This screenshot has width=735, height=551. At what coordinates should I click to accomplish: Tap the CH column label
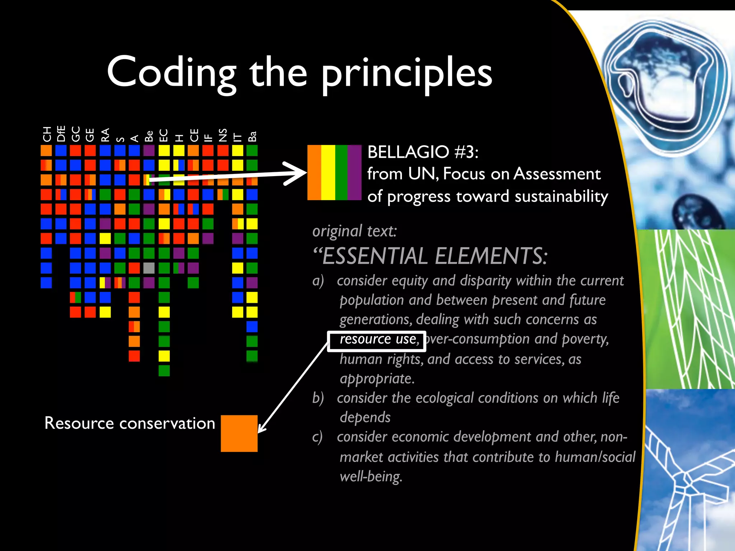(47, 134)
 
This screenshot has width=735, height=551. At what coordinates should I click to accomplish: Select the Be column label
(149, 136)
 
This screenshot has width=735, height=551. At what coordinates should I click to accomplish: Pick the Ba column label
(252, 136)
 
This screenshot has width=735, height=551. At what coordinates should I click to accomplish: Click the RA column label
(105, 135)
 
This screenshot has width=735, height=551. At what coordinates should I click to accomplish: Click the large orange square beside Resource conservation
(239, 433)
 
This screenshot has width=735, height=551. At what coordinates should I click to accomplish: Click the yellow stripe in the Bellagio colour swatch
(328, 173)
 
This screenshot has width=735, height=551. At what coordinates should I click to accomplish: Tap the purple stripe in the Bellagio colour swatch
(354, 173)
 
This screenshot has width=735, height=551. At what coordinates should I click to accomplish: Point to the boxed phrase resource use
(376, 339)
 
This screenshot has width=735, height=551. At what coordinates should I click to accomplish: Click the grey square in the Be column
(149, 268)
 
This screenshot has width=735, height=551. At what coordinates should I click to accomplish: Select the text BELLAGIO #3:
(423, 152)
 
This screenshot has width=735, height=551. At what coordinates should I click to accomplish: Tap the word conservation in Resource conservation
(167, 423)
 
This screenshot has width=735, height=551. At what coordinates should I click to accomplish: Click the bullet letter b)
(318, 398)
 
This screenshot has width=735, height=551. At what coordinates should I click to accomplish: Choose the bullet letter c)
(317, 437)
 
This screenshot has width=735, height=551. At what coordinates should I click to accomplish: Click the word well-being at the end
(370, 476)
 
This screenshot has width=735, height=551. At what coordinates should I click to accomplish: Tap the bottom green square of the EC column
(164, 371)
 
